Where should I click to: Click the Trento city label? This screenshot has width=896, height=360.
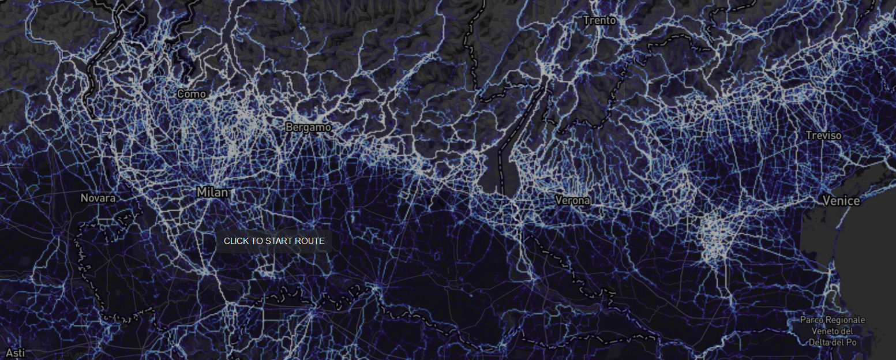pos(599,21)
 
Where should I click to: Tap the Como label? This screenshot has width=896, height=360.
pos(192,93)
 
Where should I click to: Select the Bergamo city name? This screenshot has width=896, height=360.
pos(309,127)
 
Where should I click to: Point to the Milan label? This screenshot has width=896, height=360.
pos(212,192)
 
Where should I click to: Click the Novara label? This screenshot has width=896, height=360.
pos(98,198)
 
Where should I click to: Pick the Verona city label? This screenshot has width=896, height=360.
pos(572,200)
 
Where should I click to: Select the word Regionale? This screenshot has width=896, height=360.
pos(846,320)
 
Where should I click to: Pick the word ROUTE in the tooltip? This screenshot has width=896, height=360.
pos(312,241)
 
